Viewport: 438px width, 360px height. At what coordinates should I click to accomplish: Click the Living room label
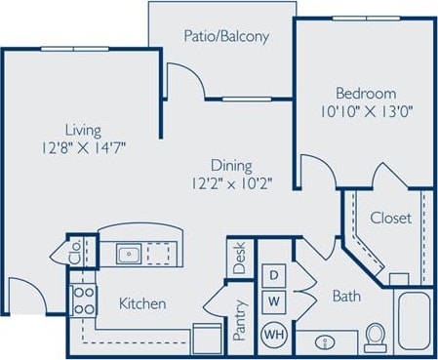[x=83, y=129]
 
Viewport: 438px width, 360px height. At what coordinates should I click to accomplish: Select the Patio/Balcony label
[x=225, y=37]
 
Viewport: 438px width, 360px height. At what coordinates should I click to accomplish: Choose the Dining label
[x=231, y=165]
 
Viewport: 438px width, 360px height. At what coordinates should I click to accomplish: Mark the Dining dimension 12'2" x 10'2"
[x=231, y=182]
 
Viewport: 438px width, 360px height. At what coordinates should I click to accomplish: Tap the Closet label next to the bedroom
[x=391, y=218]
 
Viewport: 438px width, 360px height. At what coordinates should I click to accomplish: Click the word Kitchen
[x=142, y=303]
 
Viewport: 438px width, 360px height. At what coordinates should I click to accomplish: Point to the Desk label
[x=239, y=260]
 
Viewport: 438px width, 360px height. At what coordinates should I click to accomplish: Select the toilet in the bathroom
[x=376, y=338]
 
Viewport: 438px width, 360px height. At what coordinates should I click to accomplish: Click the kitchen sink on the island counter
[x=128, y=256]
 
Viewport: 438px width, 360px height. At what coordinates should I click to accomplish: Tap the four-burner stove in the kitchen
[x=82, y=300]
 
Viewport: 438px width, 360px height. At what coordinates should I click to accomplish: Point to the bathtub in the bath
[x=414, y=322]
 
